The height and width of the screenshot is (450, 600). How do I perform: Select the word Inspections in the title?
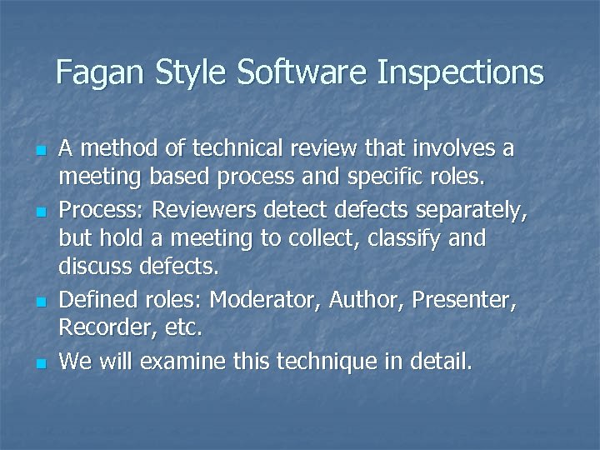click(x=460, y=72)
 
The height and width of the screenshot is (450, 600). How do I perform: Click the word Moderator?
click(x=267, y=299)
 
